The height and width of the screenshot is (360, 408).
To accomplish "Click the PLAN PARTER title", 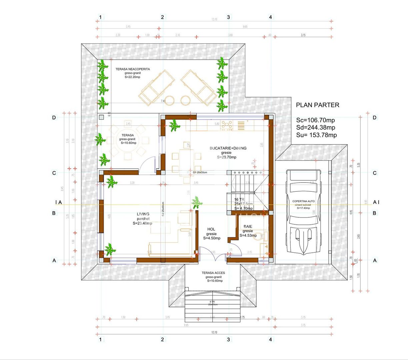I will (317, 105).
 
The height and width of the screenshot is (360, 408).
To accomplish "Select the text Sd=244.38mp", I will (315, 127).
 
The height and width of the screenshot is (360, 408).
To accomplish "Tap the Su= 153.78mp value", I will (316, 135).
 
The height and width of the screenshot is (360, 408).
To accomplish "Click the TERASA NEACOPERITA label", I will (133, 69).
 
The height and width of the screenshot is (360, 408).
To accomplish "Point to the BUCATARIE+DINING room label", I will (228, 148).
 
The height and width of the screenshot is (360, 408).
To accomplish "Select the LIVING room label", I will (143, 214).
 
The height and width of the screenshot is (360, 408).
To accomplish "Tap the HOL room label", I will (211, 229).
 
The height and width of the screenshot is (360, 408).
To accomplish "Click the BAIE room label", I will (248, 227).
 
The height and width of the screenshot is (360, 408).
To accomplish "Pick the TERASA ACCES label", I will (213, 273).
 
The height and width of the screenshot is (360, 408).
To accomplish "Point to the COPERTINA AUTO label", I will (303, 201).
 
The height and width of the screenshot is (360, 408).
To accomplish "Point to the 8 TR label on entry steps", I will (212, 302).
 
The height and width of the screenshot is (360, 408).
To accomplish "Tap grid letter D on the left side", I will (54, 118).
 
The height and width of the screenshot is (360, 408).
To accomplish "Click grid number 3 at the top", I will (228, 17).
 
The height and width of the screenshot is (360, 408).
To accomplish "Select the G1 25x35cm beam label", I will (200, 172).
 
